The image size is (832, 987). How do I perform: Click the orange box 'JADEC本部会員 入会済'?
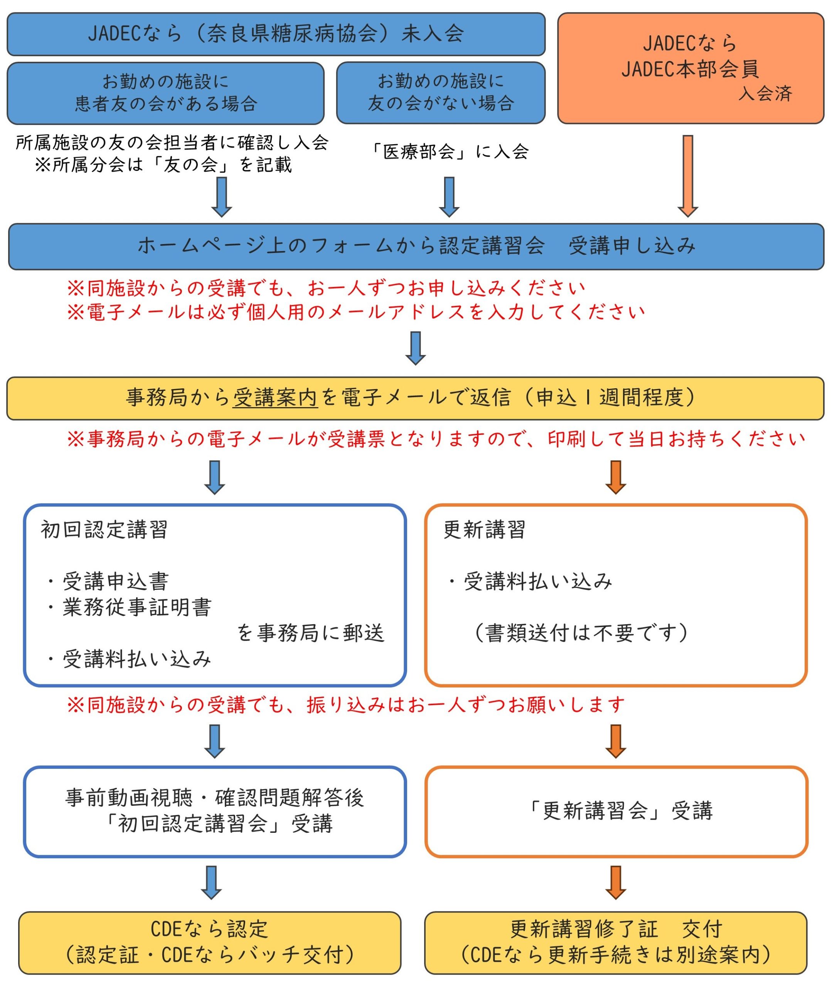690,68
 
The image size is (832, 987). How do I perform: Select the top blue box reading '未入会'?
276,34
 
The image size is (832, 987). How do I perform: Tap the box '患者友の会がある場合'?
165,93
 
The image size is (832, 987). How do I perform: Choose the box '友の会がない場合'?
441,93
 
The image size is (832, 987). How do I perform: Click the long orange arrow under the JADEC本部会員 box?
688,175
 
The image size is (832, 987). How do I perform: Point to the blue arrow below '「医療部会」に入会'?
449,197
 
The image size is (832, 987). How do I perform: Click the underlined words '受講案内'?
275,397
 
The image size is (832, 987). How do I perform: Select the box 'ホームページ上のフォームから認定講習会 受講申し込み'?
416,246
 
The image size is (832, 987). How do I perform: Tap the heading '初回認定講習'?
104,530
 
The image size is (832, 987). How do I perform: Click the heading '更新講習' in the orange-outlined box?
484,530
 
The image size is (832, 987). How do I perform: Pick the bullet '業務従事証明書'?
137,607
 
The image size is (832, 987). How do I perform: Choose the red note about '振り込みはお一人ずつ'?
346,705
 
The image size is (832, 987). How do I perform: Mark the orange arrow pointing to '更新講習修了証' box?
615,882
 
